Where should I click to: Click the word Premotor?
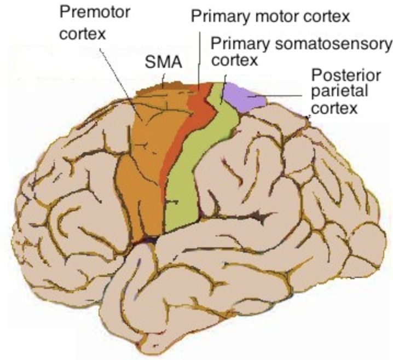[95, 12]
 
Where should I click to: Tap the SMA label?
[164, 62]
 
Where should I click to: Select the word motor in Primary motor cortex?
[277, 17]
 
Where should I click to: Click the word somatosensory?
[333, 45]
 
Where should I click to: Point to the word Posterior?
[346, 75]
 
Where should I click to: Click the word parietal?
[339, 91]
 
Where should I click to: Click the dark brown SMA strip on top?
[160, 88]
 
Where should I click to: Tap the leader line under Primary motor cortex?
[199, 61]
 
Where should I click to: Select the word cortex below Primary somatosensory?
[235, 60]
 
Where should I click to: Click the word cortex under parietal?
[334, 108]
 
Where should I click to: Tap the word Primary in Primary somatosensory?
[240, 45]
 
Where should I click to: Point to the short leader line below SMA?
[164, 80]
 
